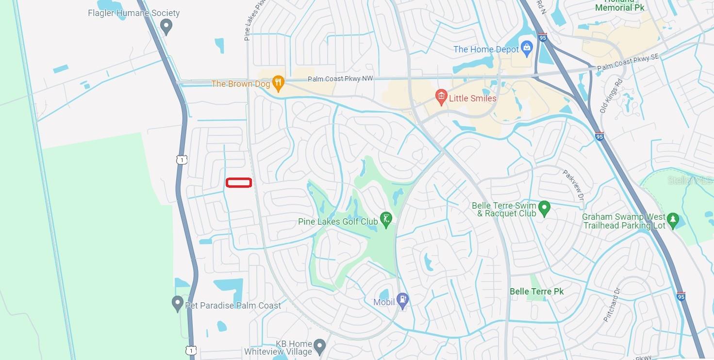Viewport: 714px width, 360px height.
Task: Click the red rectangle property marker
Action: pos(238,183)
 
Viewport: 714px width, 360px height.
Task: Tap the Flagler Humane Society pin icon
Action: pos(166,26)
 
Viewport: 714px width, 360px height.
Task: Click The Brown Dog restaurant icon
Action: pos(278,83)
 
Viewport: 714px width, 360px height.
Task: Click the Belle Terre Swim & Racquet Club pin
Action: pos(545,209)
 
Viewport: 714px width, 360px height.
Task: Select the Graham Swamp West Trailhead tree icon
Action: pos(672,221)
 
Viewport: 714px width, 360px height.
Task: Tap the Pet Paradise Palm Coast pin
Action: pos(178,304)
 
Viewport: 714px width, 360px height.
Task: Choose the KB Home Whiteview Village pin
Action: pos(319,346)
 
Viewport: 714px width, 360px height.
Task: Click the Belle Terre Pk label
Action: pos(536,292)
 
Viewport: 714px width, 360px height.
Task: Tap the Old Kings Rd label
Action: pos(611,96)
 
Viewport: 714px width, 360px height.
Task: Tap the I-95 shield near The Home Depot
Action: pos(542,37)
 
